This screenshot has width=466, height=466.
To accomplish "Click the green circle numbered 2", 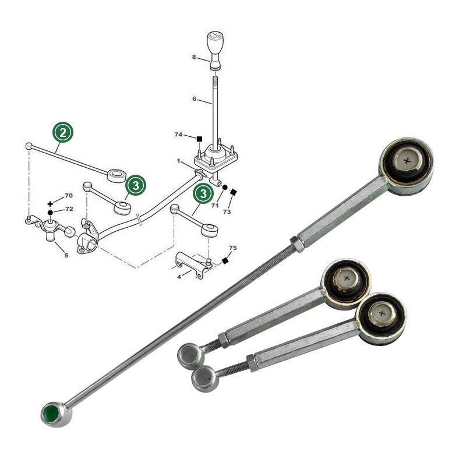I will [x=63, y=132].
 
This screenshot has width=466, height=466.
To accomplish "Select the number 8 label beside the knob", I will [x=195, y=57].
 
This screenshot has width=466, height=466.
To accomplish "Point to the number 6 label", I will [x=195, y=100].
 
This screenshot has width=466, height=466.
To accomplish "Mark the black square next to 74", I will [x=199, y=139].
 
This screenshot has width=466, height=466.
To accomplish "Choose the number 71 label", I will [x=215, y=206].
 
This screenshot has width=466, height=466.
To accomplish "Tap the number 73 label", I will [x=227, y=212].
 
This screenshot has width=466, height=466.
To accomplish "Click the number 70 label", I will [x=69, y=196].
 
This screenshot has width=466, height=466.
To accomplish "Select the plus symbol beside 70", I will [x=51, y=203].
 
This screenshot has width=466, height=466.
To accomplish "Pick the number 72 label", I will [x=69, y=209].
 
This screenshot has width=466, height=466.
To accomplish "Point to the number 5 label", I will [x=66, y=255].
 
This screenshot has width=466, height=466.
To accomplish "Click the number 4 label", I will [x=179, y=278].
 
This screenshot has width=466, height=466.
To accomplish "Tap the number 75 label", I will [x=233, y=248].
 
